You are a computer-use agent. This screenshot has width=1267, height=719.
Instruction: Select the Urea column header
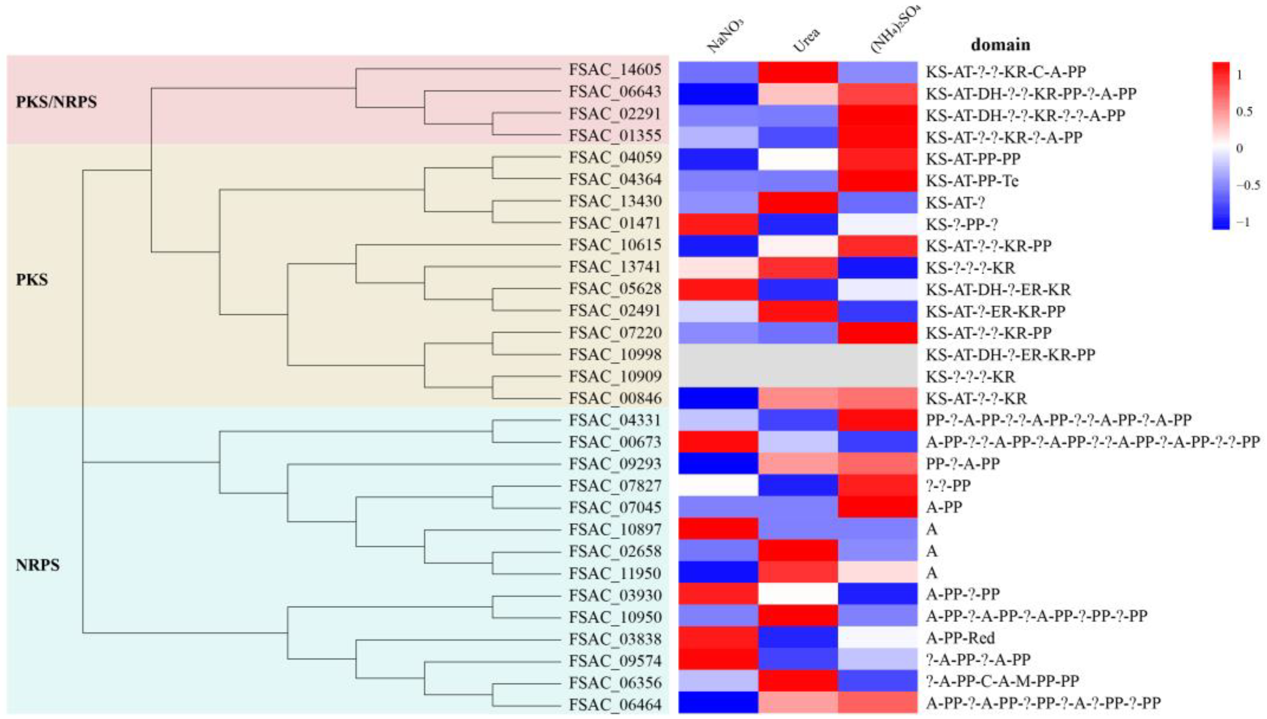coord(805,39)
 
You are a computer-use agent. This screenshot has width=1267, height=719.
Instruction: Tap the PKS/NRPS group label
coord(56,102)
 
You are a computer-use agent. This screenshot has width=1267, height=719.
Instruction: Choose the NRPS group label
coord(37,565)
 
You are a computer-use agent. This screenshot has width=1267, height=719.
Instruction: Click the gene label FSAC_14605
coord(614,70)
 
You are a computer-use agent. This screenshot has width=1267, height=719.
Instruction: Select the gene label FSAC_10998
coord(614,355)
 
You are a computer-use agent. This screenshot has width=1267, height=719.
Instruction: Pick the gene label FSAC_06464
coord(614,704)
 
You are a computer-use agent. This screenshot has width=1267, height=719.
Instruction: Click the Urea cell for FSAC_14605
coord(798,72)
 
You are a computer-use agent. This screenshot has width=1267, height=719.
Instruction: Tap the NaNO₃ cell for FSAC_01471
coord(718,224)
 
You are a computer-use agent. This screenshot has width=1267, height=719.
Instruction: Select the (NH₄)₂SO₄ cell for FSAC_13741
coord(877,268)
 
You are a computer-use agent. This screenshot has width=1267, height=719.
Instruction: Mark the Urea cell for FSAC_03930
coord(798,595)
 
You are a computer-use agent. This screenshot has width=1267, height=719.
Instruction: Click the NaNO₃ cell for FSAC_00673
coord(718,442)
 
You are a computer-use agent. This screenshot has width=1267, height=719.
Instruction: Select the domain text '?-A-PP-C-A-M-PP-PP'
coord(1002,682)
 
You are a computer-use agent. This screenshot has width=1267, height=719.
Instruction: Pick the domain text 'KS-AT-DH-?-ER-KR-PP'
coord(1010,355)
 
